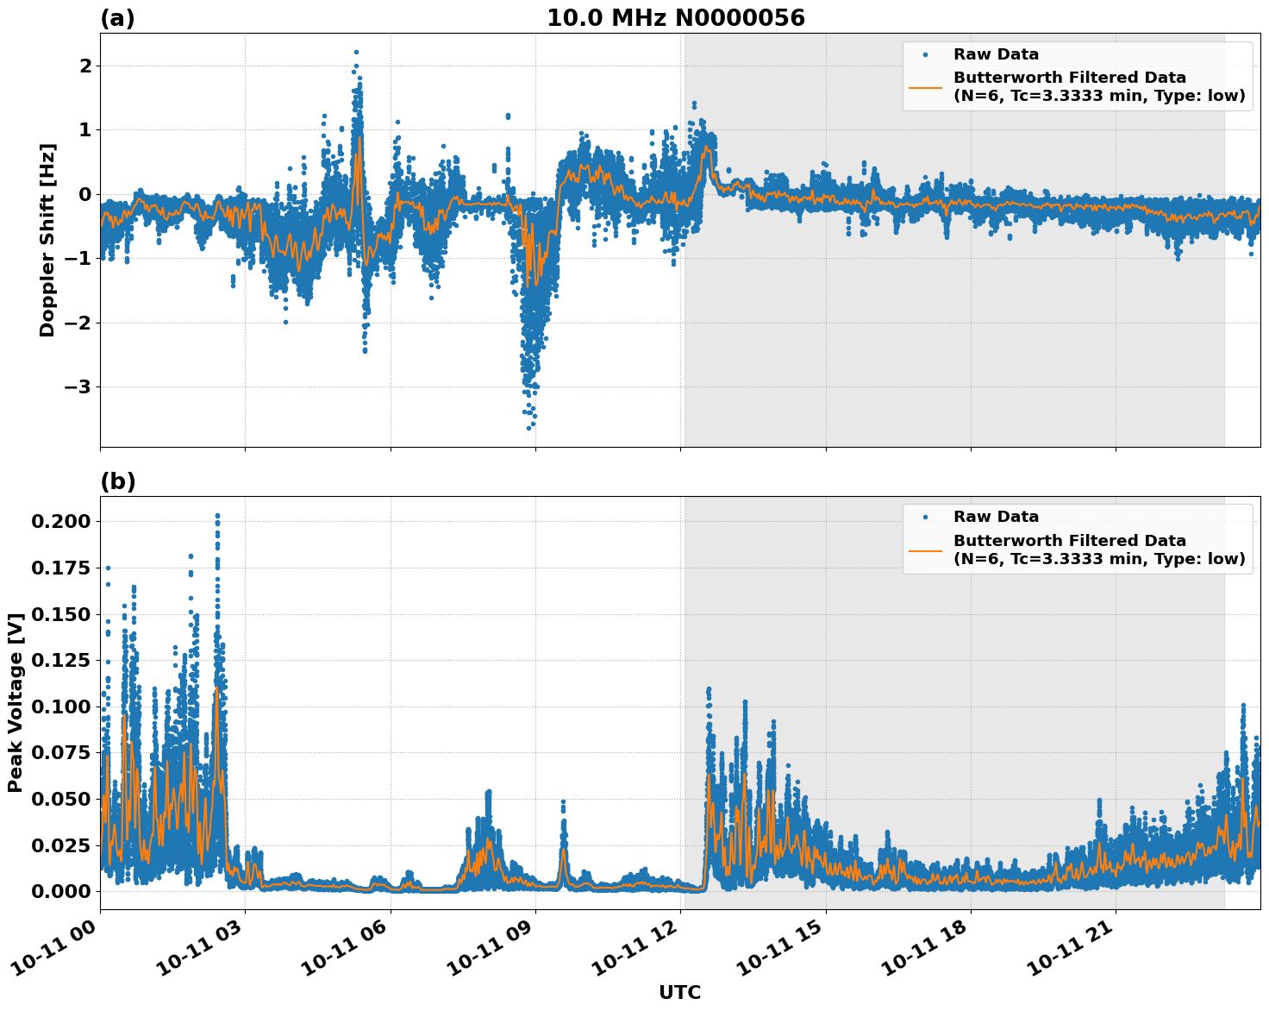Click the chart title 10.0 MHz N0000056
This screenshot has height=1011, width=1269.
(x=675, y=18)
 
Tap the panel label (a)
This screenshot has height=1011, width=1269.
(x=117, y=18)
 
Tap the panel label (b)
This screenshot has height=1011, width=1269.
(x=117, y=481)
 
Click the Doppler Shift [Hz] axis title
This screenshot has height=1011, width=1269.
(x=47, y=240)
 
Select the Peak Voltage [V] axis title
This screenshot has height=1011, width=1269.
(x=15, y=702)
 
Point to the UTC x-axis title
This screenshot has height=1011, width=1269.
(x=679, y=992)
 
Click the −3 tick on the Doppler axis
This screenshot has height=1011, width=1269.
(x=76, y=386)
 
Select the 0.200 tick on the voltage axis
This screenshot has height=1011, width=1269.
(x=60, y=521)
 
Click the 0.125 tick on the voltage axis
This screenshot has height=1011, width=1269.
(x=60, y=660)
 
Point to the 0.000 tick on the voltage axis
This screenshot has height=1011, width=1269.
(x=60, y=891)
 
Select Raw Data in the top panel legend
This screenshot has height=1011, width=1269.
(x=996, y=54)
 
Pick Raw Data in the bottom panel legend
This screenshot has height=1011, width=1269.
(x=996, y=517)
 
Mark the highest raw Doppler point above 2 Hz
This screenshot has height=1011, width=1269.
(x=356, y=52)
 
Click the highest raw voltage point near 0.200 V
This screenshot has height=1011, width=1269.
(x=217, y=516)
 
